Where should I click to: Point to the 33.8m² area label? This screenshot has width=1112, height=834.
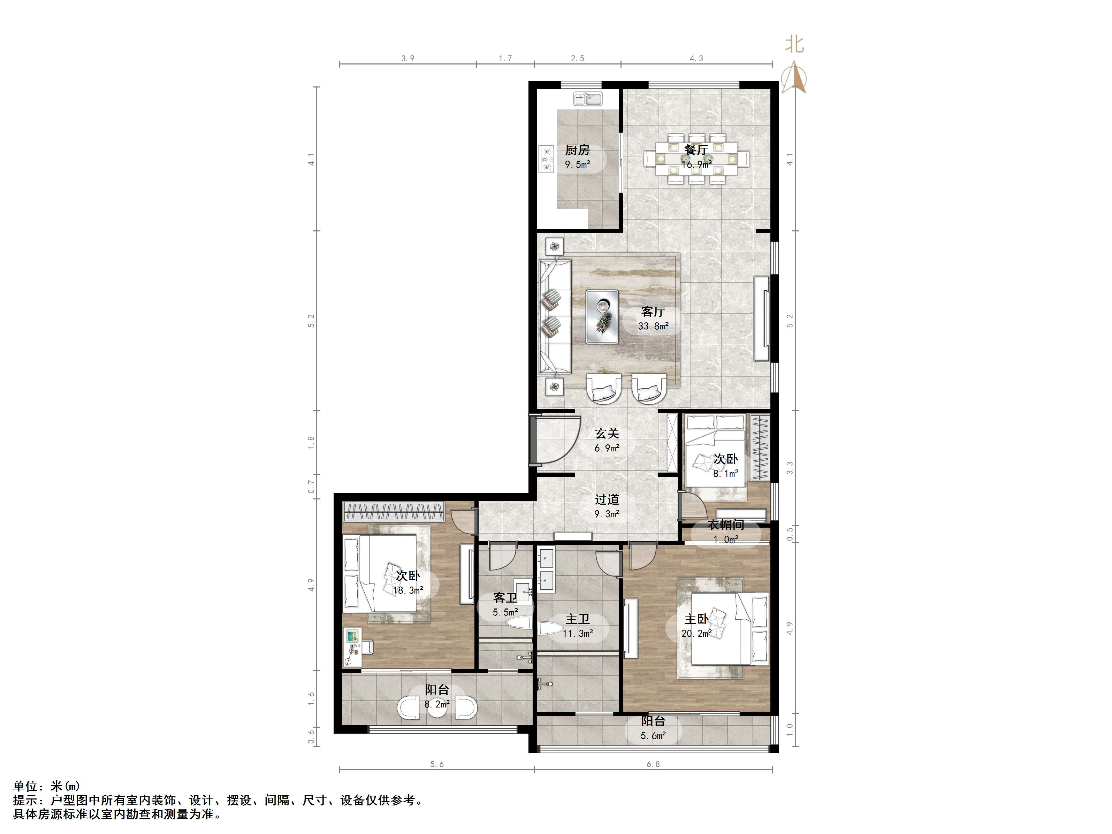[653, 326]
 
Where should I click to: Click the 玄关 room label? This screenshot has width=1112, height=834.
[607, 433]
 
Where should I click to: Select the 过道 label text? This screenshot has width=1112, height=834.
[607, 499]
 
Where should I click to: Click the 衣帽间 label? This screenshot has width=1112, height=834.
[726, 525]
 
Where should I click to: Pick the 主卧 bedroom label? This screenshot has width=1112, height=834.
[696, 619]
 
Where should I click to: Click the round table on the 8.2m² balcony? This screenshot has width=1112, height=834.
[436, 708]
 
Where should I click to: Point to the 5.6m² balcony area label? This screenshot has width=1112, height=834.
[653, 735]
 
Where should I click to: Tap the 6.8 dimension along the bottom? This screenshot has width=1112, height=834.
[653, 765]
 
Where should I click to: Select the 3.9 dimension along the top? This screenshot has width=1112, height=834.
[408, 58]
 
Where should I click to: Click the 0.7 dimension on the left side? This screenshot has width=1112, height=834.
[311, 487]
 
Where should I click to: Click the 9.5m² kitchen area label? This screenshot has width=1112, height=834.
[577, 164]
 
